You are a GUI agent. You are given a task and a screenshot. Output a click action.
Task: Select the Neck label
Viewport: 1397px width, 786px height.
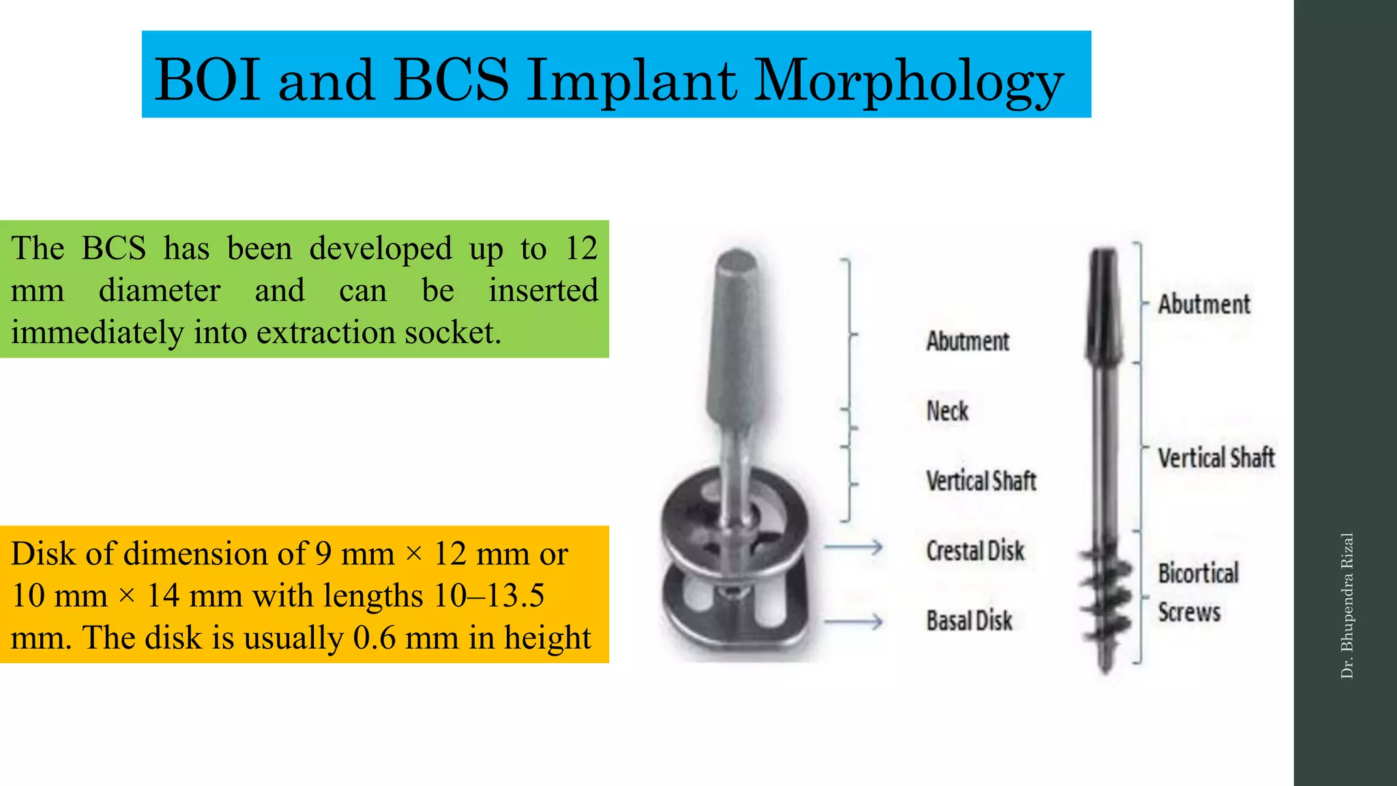click(947, 411)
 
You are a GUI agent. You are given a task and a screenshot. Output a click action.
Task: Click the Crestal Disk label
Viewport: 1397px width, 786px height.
click(975, 551)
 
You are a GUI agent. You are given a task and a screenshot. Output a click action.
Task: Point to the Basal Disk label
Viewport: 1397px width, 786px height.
click(969, 621)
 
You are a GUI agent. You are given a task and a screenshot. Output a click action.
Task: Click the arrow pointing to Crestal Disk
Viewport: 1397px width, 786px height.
click(853, 547)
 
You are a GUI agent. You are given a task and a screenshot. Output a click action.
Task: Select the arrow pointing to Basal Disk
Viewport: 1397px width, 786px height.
click(853, 622)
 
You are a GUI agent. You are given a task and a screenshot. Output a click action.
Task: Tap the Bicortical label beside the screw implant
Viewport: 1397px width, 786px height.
click(1198, 573)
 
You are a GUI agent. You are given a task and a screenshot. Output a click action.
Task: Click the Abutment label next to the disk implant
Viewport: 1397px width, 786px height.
click(967, 341)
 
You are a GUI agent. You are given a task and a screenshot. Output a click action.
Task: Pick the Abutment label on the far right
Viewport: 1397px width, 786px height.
click(1204, 304)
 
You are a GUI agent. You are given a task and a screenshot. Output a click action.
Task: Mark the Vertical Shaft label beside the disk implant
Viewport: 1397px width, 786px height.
click(981, 481)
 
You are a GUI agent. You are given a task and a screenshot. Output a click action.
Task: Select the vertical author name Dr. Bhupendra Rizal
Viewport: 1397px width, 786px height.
click(1347, 606)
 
